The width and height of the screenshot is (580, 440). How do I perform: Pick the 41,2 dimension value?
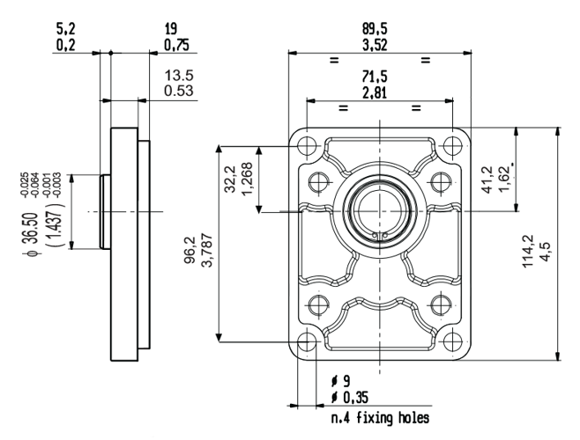coord(492,177)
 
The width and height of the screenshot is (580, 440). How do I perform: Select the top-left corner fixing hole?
coord(306,144)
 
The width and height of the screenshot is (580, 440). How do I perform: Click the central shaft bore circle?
coord(378,211)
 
